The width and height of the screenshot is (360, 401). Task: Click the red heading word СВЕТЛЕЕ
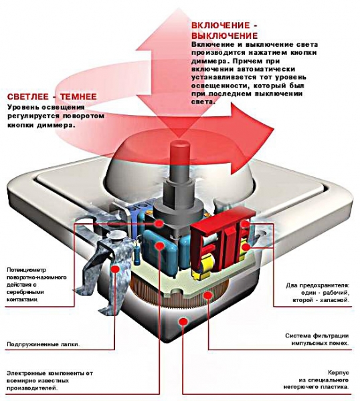28,97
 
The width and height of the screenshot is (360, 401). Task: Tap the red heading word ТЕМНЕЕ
78,97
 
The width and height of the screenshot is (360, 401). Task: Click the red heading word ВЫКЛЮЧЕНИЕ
225,35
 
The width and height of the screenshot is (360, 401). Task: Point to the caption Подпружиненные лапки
43,344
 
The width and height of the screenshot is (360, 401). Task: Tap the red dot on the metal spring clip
115,269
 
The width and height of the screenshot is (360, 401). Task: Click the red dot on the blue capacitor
159,246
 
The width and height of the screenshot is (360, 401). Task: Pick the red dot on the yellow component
246,247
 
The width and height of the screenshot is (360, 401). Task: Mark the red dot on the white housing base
182,321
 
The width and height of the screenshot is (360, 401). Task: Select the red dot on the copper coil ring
208,295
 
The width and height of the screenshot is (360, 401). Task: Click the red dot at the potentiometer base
159,223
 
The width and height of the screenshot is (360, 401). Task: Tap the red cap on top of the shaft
179,151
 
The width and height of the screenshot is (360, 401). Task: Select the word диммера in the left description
55,126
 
